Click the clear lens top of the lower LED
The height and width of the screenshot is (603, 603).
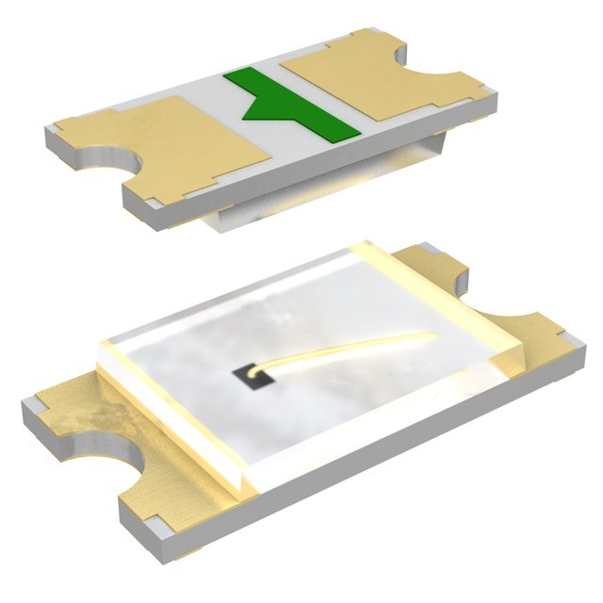click(283, 320)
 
